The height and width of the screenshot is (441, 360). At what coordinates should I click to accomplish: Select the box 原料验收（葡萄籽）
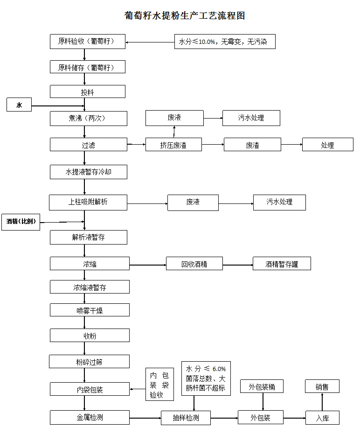[x=88, y=42]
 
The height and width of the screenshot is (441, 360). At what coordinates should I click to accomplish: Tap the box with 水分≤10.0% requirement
[x=224, y=42]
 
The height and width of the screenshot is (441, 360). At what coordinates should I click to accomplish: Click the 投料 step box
[x=88, y=92]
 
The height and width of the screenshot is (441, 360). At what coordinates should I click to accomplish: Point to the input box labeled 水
[x=19, y=105]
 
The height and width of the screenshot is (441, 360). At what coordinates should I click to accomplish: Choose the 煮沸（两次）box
[x=88, y=119]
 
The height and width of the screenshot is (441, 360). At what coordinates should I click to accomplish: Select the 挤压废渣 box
[x=173, y=145]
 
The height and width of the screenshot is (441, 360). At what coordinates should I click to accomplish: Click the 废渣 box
[x=252, y=145]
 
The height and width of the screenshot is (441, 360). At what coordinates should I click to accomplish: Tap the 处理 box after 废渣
[x=327, y=145]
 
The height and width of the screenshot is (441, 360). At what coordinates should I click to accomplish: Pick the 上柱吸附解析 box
[x=88, y=202]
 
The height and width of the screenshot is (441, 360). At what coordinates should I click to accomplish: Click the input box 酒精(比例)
[x=21, y=222]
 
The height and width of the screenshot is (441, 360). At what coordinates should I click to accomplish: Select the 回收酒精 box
[x=194, y=264]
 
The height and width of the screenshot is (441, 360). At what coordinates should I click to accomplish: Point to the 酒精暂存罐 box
[x=282, y=264]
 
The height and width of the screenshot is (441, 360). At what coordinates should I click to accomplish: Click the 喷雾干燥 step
[x=90, y=310]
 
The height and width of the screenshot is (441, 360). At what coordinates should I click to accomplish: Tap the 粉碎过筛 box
[x=90, y=361]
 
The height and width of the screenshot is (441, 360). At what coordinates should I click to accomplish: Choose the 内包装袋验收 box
[x=159, y=385]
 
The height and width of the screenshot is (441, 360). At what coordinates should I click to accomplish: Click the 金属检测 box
[x=90, y=417]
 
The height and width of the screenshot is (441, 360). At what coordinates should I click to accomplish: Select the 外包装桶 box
[x=262, y=386]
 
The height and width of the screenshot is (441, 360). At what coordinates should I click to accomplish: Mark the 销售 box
[x=322, y=386]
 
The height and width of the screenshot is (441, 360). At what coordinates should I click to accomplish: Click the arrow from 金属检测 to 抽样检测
[x=145, y=418]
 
